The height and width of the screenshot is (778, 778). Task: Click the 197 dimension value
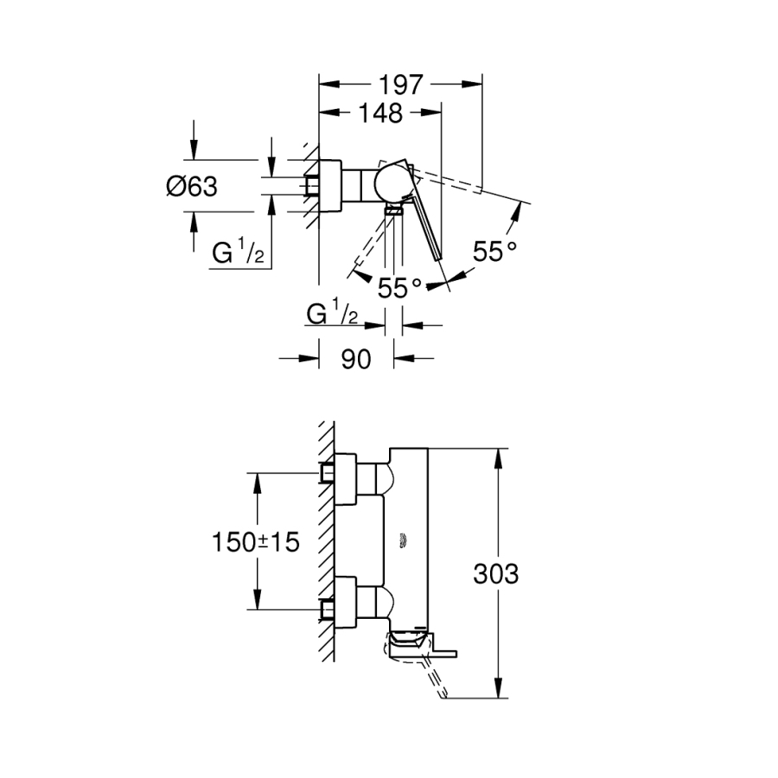(x=400, y=85)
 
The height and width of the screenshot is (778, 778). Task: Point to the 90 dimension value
(x=355, y=359)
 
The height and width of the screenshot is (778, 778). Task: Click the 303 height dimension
(x=496, y=573)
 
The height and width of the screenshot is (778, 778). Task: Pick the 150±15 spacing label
(x=255, y=542)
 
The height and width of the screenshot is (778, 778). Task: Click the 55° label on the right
(x=494, y=252)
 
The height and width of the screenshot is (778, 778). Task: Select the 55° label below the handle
(x=399, y=288)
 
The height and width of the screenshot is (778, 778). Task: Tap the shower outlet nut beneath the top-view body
(x=394, y=209)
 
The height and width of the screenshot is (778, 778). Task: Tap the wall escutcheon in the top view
(x=331, y=185)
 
